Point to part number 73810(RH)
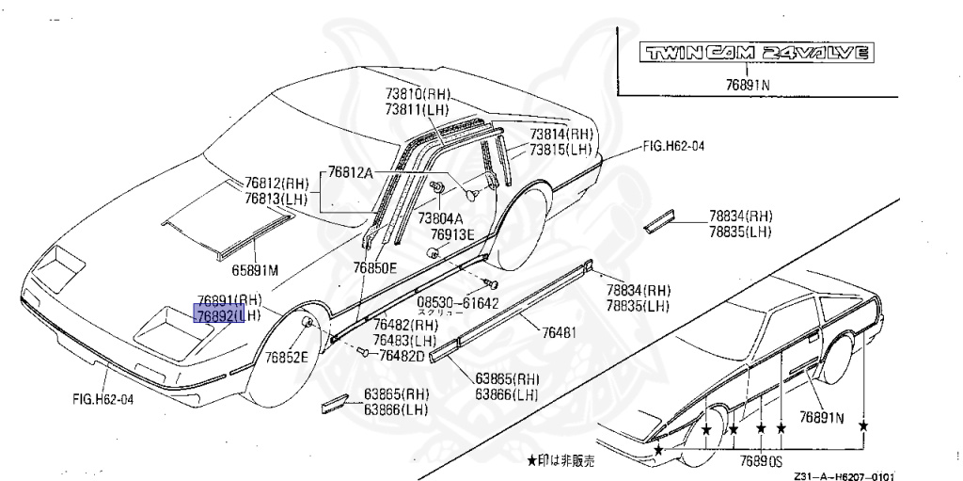coord(418,94)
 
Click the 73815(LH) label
coord(560,149)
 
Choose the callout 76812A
coord(351,172)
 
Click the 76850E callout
coord(375,268)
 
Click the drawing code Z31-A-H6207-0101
coord(843,475)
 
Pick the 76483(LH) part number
coord(404,340)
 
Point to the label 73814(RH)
coord(560,135)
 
